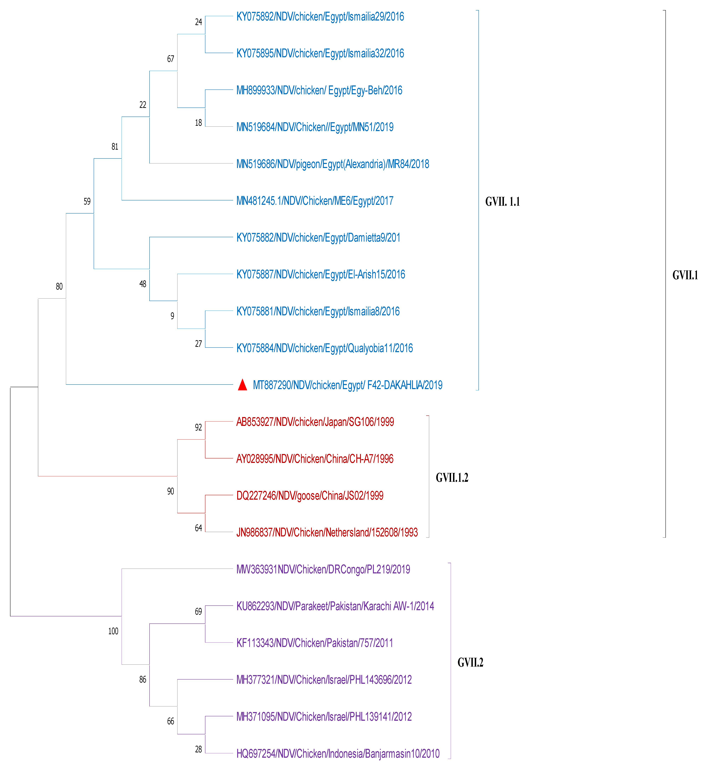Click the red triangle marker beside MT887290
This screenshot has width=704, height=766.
pyautogui.click(x=242, y=385)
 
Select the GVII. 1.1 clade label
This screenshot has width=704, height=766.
pyautogui.click(x=502, y=202)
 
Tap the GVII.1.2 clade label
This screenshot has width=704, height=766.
pyautogui.click(x=452, y=478)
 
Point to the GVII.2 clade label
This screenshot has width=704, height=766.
pyautogui.click(x=470, y=662)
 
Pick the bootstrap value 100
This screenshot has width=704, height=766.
pyautogui.click(x=113, y=631)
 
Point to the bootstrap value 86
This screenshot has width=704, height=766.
pyautogui.click(x=142, y=680)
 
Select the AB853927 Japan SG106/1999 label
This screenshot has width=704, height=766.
pyautogui.click(x=315, y=422)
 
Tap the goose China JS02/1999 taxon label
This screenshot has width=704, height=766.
pyautogui.click(x=310, y=495)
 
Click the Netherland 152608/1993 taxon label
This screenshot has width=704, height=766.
pyautogui.click(x=327, y=532)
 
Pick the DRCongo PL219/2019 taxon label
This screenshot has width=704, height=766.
pyautogui.click(x=323, y=569)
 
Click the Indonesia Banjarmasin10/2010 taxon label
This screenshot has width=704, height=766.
pyautogui.click(x=338, y=753)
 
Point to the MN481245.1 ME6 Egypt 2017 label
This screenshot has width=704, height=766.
pyautogui.click(x=315, y=201)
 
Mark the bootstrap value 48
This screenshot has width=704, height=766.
pyautogui.click(x=142, y=284)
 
